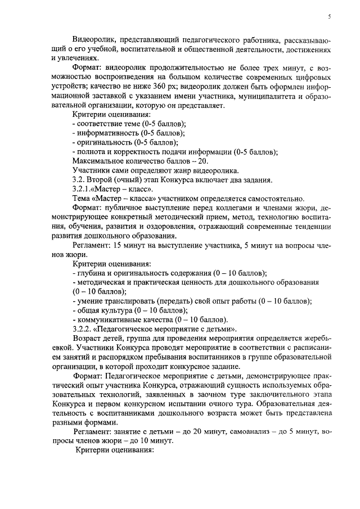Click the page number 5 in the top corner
(x=329, y=17)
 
